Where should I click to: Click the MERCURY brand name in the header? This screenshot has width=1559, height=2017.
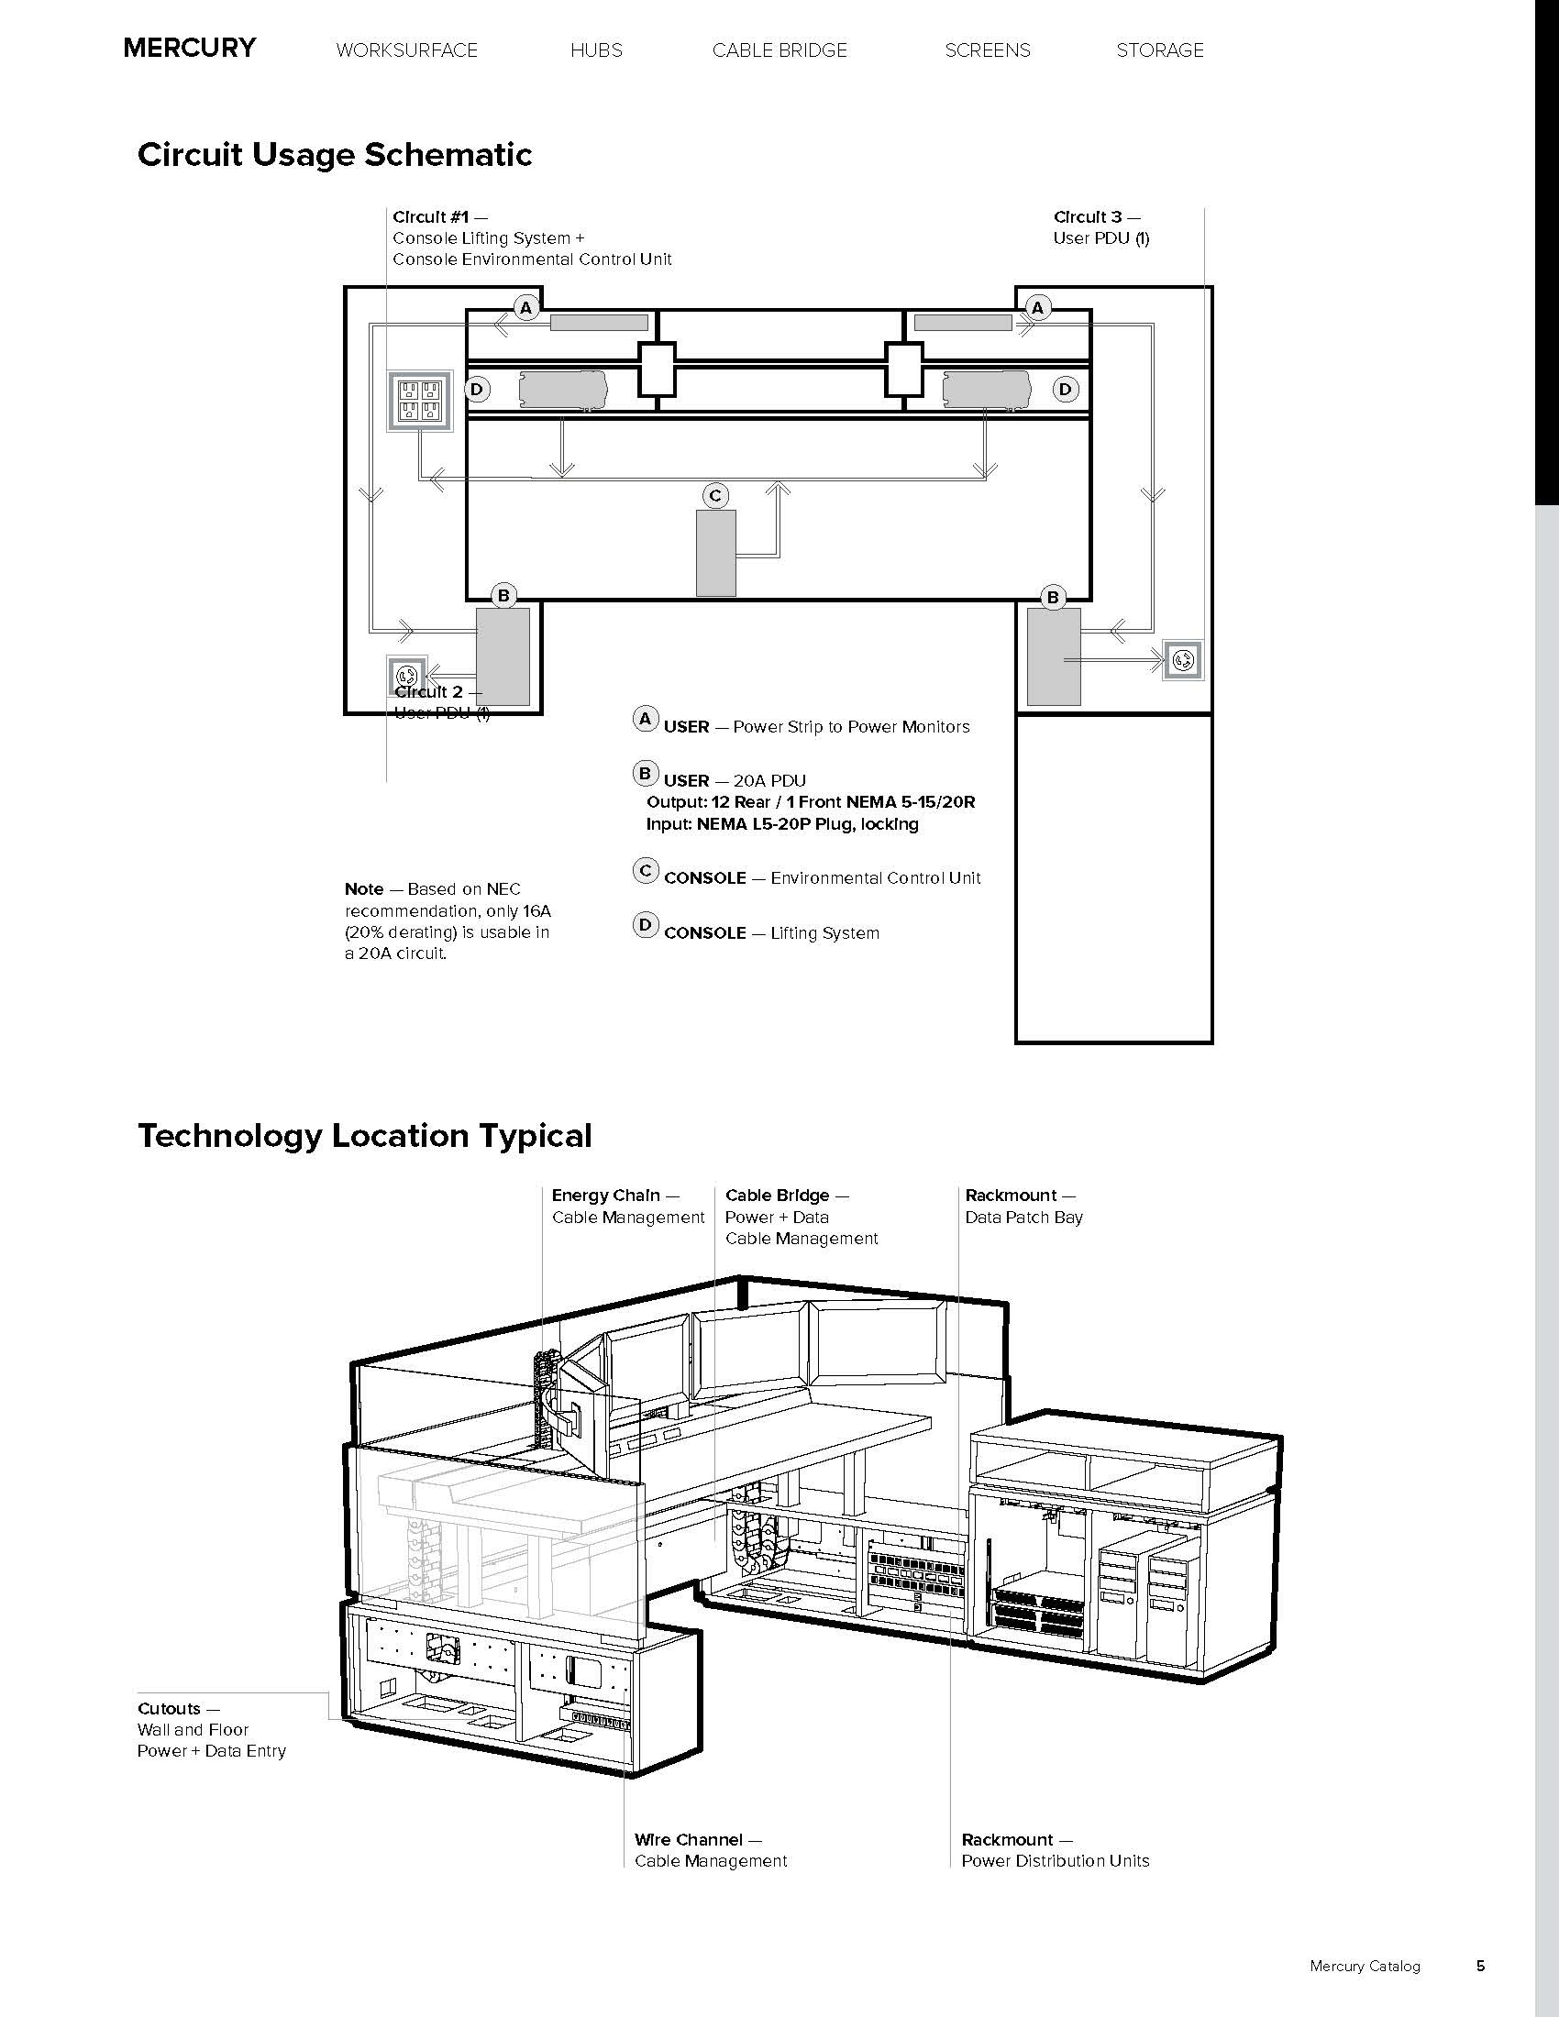coord(189,48)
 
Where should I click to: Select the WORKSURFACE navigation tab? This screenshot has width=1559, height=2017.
coord(406,50)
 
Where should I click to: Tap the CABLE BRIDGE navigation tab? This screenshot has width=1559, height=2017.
coord(779,50)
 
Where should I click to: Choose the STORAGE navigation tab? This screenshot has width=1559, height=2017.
coord(1159,50)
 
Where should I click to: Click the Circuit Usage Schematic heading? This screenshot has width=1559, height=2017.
coord(335,154)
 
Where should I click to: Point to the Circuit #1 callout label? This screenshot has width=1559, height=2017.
coord(430,217)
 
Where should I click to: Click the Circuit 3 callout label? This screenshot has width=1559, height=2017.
coord(1088,217)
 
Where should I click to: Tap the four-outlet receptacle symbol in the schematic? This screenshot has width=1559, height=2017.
coord(420,401)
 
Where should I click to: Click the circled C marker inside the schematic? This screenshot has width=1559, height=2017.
coord(715,496)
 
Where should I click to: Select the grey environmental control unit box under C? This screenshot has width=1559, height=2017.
coord(716,552)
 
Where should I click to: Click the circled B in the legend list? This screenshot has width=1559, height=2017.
coord(645,773)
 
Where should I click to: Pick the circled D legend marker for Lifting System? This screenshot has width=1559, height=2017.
coord(645,924)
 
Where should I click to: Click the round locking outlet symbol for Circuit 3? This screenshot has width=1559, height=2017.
coord(1183,660)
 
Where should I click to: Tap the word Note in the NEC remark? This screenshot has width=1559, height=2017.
coord(364,888)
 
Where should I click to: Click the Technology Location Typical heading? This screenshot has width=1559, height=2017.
coord(364,1135)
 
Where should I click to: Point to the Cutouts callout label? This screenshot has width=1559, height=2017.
coord(169,1709)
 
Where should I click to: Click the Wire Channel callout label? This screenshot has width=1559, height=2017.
coord(688,1840)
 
